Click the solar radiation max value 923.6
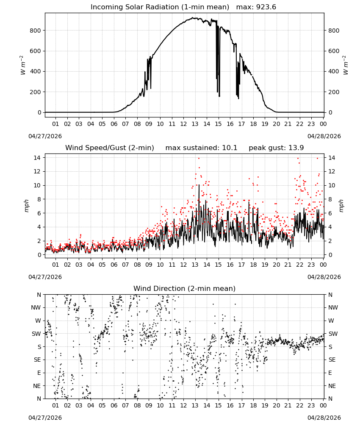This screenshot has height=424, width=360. coord(266,7)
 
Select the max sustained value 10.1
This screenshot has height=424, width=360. coord(230,148)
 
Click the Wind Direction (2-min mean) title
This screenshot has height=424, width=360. coord(185,288)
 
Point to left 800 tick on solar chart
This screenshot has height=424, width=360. coord(35,31)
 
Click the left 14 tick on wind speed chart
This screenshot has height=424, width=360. coord(37,158)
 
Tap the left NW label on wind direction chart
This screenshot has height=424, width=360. coord(36,307)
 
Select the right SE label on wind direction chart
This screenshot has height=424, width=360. coord(332,360)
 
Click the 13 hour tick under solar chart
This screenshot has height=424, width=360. coord(195,124)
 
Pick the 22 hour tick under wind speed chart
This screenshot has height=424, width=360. coord(299,265)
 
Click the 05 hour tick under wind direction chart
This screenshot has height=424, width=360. coord(102,405)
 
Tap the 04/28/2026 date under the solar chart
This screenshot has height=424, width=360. coord(324,136)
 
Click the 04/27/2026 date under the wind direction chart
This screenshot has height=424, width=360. coord(45,418)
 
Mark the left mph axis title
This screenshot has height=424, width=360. coord(26,206)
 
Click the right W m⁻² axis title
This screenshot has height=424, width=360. coord(346,65)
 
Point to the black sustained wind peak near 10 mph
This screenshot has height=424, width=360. coord(199,185)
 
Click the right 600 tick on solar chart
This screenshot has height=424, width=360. coord(334,51)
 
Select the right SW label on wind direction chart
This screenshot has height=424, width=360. coord(333,334)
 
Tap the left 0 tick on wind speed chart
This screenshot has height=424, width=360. coord(39,255)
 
